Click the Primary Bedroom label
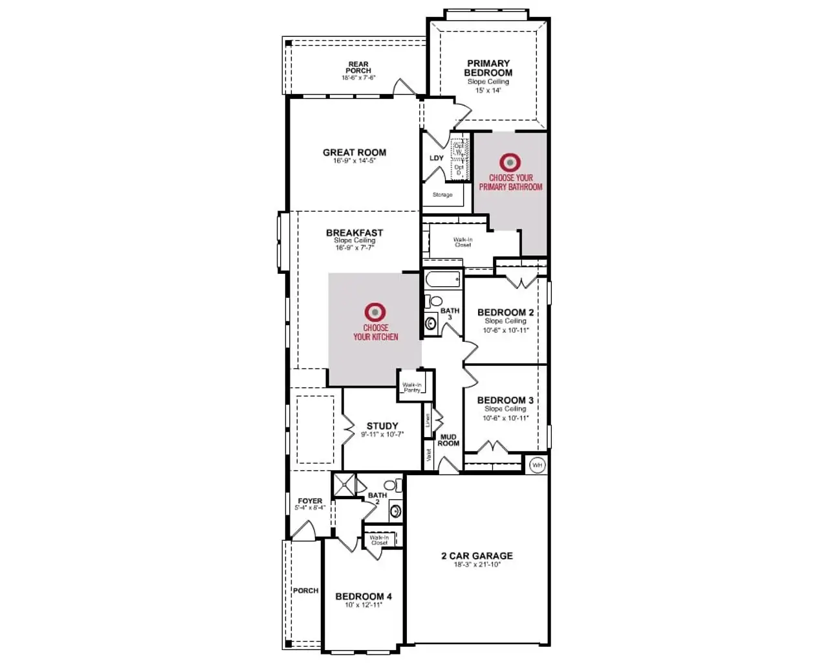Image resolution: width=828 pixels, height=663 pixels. pyautogui.click(x=488, y=68)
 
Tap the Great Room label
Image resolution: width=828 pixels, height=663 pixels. pyautogui.click(x=354, y=153)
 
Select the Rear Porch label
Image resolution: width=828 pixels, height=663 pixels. pyautogui.click(x=358, y=67)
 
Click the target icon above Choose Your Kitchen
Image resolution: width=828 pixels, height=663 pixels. pyautogui.click(x=374, y=312)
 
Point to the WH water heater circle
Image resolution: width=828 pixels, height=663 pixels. pyautogui.click(x=537, y=465)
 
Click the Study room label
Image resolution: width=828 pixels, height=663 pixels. pyautogui.click(x=382, y=426)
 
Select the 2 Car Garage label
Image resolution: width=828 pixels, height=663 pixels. pyautogui.click(x=477, y=556)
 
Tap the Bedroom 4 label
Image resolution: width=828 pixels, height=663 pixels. pyautogui.click(x=364, y=596)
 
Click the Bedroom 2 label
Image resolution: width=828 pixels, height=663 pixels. pyautogui.click(x=505, y=313)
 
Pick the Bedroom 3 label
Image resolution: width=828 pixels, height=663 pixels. pyautogui.click(x=505, y=400)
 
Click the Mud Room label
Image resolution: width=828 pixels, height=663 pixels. pyautogui.click(x=448, y=440)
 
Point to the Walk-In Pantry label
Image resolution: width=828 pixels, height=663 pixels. pyautogui.click(x=412, y=387)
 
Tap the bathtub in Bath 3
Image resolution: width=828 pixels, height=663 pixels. pyautogui.click(x=443, y=280)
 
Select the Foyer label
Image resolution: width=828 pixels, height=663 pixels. pyautogui.click(x=310, y=501)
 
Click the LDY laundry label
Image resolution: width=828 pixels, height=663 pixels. pyautogui.click(x=437, y=158)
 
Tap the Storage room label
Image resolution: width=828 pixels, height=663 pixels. pyautogui.click(x=442, y=195)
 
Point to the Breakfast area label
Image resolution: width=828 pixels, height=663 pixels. pyautogui.click(x=354, y=232)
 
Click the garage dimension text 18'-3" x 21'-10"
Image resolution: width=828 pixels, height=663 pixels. pyautogui.click(x=477, y=565)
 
